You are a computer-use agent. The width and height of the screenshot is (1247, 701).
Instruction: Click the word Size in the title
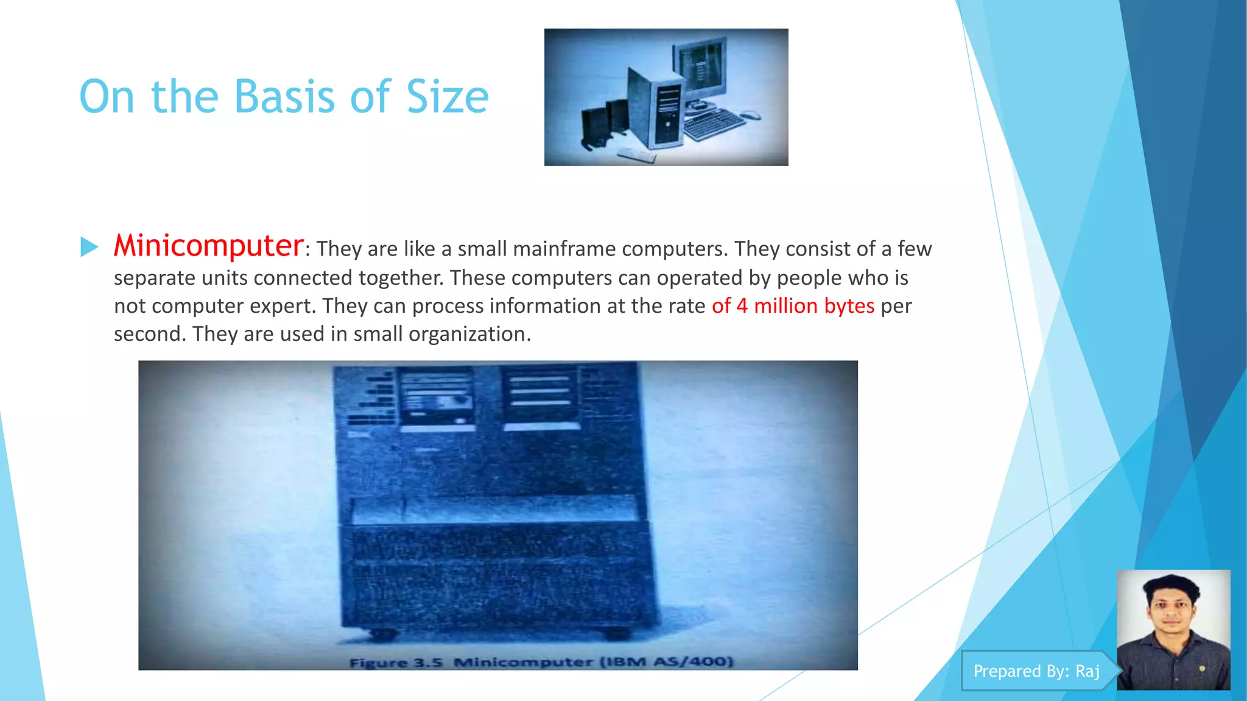click(x=448, y=97)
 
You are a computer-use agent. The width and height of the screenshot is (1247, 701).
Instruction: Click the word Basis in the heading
click(x=284, y=97)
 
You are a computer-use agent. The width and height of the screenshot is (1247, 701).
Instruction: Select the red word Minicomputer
click(x=208, y=246)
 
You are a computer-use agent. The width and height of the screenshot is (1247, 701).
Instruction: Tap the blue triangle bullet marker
click(x=89, y=246)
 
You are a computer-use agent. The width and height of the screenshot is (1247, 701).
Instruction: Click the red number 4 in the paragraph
click(x=742, y=306)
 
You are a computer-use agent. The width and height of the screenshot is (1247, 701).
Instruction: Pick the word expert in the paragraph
click(x=283, y=306)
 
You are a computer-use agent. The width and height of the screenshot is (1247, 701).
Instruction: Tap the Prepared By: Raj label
click(x=1036, y=671)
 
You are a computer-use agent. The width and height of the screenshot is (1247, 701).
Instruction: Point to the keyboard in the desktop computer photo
click(x=714, y=124)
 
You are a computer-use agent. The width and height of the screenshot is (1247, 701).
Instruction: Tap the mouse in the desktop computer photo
click(x=750, y=115)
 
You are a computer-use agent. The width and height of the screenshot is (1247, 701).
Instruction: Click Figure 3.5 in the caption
click(x=396, y=663)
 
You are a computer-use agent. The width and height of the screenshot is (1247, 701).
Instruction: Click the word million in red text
click(x=785, y=306)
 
